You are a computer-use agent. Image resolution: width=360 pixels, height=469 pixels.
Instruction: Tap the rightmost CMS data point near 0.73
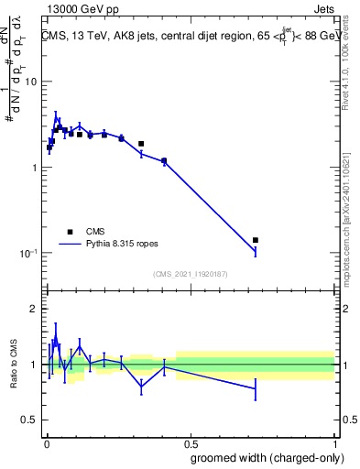(256, 240)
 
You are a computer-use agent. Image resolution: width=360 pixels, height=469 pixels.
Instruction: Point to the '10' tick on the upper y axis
(29, 82)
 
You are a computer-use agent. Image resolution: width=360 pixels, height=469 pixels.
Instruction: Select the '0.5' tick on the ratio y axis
(27, 420)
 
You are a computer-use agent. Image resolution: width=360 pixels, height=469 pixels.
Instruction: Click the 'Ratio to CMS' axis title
(14, 365)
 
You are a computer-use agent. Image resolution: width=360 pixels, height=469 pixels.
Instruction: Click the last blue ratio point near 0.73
(256, 388)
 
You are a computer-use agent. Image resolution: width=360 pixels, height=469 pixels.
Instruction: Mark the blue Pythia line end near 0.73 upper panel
(256, 251)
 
